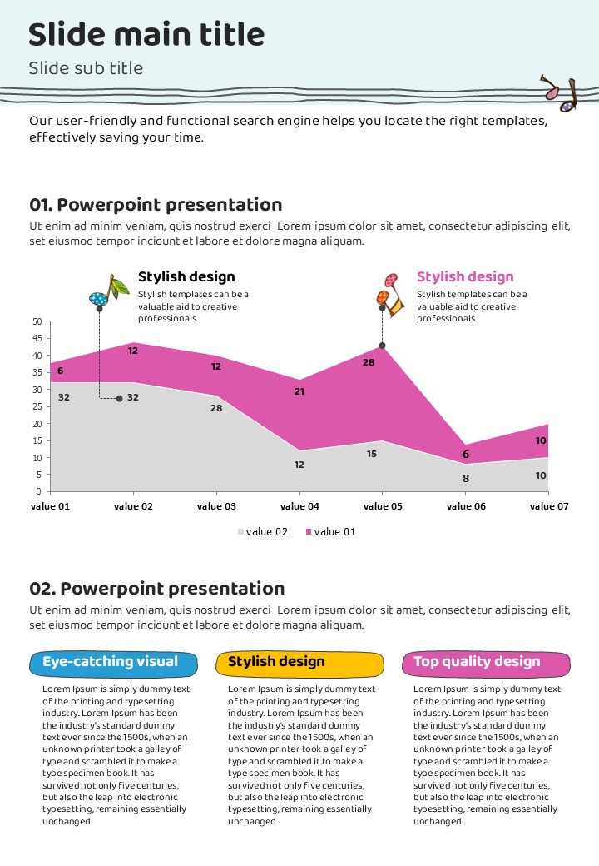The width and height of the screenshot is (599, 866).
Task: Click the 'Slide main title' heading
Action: coord(146,35)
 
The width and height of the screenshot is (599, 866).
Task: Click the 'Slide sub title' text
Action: coord(86,68)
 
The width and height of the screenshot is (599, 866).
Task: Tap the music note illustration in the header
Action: coord(559,93)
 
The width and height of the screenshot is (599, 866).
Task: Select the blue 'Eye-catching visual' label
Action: coord(113,663)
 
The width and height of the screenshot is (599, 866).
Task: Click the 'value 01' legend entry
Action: coord(330,532)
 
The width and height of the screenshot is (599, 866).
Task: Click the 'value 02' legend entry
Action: coord(263,532)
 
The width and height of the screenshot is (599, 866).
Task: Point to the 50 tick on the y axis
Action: coord(36,321)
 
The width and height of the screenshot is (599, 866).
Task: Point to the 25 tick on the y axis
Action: coord(36,406)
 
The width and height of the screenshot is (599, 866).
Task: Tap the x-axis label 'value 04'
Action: coord(299,506)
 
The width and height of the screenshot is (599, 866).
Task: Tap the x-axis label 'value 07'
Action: coord(549,506)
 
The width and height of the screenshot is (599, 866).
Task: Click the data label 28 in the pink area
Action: coord(369,362)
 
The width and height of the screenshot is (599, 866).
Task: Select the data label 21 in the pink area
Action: coord(299,391)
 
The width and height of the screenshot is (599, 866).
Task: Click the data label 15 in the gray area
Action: coord(371,454)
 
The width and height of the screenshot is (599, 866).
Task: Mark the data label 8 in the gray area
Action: coord(466,478)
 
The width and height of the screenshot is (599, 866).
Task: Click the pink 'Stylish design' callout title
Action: coord(465,277)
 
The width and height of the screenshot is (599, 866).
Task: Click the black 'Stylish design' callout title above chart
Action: coord(186,277)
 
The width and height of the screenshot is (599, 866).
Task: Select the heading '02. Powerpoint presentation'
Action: coord(156,590)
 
